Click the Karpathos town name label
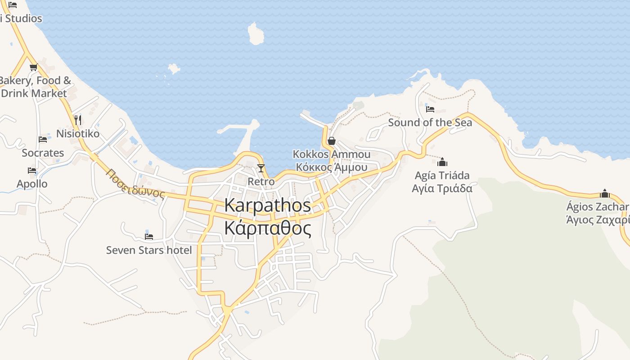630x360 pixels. pos(267,205)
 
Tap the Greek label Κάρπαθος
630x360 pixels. pos(267,228)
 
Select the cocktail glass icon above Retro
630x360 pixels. pos(261,168)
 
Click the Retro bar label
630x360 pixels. pos(261,181)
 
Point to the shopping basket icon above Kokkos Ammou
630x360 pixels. pos(332,141)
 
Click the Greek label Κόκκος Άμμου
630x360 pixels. pos(332,167)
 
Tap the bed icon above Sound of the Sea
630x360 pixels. pos(430,109)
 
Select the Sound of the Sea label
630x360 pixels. pos(430,122)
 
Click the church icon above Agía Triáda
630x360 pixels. pos(442,162)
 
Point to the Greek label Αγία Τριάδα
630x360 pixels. pos(442,188)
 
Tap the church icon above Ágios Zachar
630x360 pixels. pos(605,193)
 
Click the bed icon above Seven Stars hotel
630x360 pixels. pos(149,236)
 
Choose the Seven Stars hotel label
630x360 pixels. pos(149,250)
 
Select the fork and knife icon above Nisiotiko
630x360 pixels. pos(78,120)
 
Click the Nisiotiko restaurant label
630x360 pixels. pos(78,134)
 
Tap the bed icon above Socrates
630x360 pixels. pos(43,139)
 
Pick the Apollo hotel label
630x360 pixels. pos(32,184)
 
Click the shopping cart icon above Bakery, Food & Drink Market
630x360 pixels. pos(33,67)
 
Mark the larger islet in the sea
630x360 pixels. pos(256,34)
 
